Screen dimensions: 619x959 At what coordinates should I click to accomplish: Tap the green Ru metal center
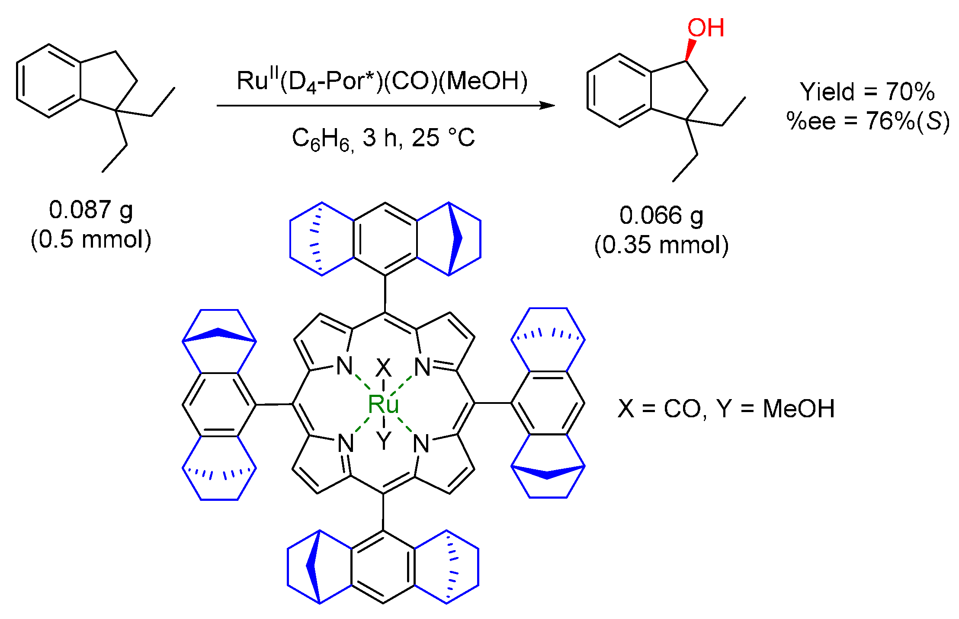point(383,404)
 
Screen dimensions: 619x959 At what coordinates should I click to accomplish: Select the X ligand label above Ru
point(383,368)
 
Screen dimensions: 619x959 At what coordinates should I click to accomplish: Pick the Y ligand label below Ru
point(384,441)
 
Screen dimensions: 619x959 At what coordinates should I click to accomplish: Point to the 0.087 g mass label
point(91,210)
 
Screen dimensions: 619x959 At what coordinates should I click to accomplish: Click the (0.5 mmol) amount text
point(91,239)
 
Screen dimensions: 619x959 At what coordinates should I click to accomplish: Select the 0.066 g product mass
point(661,216)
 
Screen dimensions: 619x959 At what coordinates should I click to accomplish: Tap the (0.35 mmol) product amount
point(661,245)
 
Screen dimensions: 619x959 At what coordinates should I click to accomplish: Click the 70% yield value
point(910,92)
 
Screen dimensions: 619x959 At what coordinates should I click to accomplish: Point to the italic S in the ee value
point(934,121)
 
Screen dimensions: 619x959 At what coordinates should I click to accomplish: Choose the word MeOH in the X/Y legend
point(798,409)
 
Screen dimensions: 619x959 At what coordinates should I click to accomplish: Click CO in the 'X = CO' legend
point(682,409)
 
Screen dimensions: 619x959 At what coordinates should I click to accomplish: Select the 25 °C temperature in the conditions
point(443,138)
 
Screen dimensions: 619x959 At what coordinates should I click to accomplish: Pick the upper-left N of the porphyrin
point(345,366)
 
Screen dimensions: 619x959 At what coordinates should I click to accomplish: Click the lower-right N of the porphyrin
point(421,444)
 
